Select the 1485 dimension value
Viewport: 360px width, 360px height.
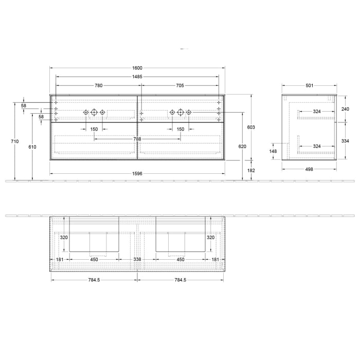(137, 77)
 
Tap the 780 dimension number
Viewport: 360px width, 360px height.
(98, 85)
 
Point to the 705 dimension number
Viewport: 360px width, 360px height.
(180, 85)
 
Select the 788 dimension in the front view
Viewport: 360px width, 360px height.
(137, 138)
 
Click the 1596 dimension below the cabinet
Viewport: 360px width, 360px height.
(137, 174)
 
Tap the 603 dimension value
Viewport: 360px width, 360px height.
(251, 127)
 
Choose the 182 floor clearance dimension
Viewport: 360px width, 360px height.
(251, 170)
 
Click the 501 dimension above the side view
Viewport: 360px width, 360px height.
(310, 85)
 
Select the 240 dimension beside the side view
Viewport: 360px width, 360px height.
(345, 109)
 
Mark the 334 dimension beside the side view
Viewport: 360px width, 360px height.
(345, 141)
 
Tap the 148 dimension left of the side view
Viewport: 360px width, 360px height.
(273, 151)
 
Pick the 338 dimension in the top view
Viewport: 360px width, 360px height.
(137, 260)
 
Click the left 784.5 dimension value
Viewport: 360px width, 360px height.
(94, 280)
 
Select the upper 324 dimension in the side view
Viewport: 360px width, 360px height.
(317, 112)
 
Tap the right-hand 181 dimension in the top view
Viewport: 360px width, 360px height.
(215, 260)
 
